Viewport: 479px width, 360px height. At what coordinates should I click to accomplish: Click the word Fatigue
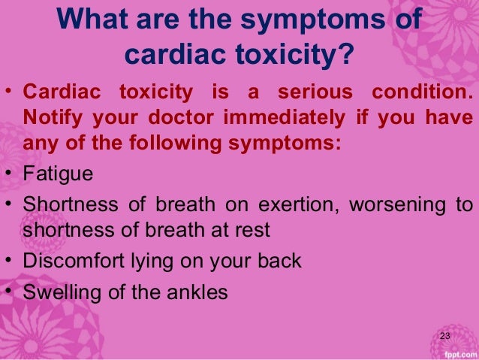coord(59,174)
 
